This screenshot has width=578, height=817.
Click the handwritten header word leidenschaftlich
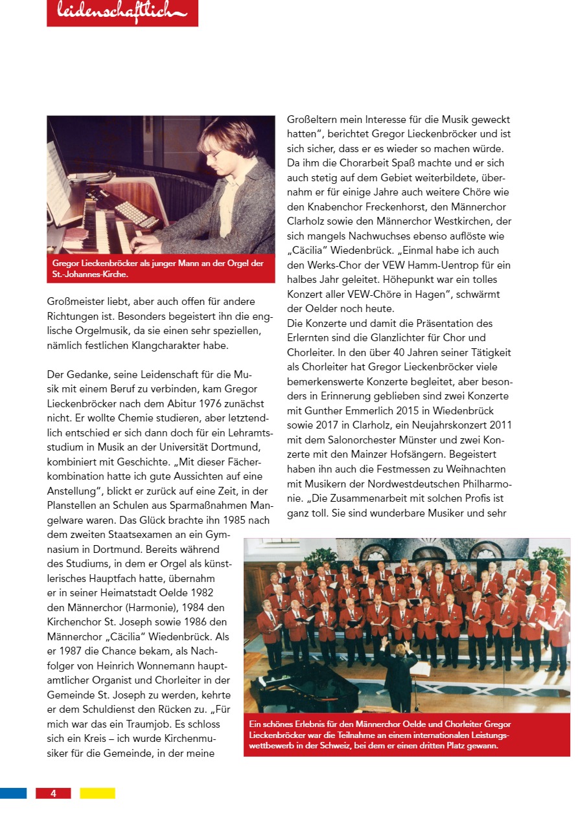click(x=122, y=12)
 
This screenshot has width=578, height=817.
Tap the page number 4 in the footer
click(x=53, y=793)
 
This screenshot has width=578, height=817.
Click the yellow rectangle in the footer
click(x=97, y=793)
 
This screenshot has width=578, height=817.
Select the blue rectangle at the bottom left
click(x=13, y=793)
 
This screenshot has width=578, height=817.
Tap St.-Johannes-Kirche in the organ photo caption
click(x=90, y=274)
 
